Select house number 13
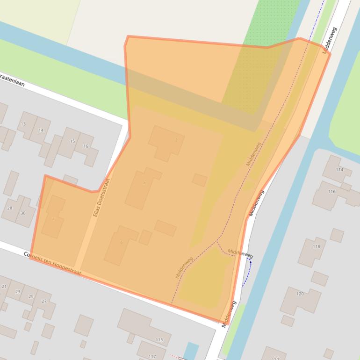tap(23, 124)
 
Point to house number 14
tap(41, 130)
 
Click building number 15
tap(72, 141)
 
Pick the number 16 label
tap(86, 146)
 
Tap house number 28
tap(10, 208)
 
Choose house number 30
tap(23, 213)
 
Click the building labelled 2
tap(176, 140)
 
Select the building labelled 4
tap(144, 183)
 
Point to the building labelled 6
tap(121, 242)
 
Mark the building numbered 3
tap(53, 218)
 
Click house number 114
tap(339, 169)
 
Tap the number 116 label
tap(331, 192)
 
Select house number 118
tap(316, 246)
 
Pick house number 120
tap(300, 294)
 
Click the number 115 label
tap(159, 340)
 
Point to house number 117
tap(152, 356)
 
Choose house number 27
tap(44, 301)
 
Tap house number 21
tap(4, 286)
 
